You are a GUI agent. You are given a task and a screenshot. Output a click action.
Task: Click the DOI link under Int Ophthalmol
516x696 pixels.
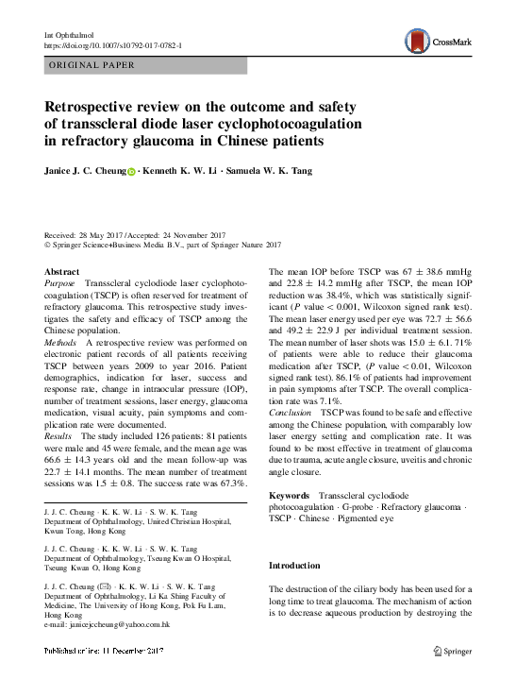point(114,44)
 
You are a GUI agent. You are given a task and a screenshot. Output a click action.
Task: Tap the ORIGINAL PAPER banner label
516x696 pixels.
point(92,65)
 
